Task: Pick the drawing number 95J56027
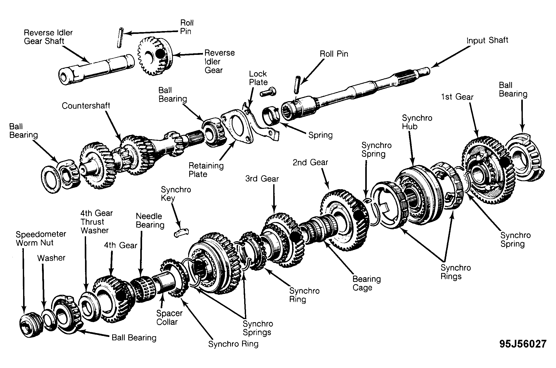click(x=523, y=344)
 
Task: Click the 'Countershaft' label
click(x=86, y=106)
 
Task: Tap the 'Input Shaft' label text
click(x=487, y=40)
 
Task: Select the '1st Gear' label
click(x=457, y=97)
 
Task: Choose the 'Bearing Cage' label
click(x=367, y=283)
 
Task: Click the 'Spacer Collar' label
click(x=170, y=318)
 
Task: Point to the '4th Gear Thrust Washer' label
click(x=96, y=222)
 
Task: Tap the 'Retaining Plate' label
click(x=206, y=170)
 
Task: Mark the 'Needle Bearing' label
click(x=150, y=220)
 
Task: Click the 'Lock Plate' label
click(x=258, y=78)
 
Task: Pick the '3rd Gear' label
click(x=262, y=179)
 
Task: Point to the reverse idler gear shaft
click(x=96, y=69)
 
